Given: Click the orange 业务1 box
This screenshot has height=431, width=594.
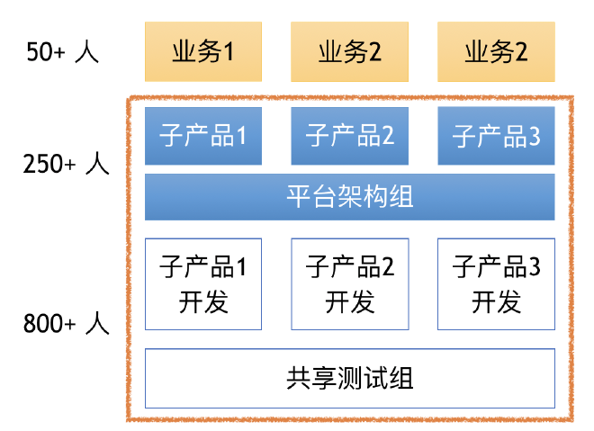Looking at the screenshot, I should pos(203,52).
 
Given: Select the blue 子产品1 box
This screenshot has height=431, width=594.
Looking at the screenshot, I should pos(203,136).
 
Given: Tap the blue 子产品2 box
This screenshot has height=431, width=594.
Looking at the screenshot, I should pos(350,136).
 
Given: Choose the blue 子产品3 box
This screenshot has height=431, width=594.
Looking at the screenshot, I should pos(496,136).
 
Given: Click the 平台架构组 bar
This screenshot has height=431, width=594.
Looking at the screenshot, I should pos(350,196).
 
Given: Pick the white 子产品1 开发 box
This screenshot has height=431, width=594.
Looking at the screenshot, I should pos(203,283).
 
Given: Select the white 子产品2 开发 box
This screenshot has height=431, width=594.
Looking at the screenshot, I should pos(350,283).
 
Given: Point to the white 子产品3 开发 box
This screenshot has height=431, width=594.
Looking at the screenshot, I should pos(496,283).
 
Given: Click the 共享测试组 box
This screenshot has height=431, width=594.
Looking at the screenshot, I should pos(350,378).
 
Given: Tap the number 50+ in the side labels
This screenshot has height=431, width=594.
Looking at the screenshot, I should pos(47,52).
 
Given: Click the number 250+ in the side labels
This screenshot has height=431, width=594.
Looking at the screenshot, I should pos(52,165).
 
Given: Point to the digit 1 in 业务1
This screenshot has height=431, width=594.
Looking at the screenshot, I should pos(229,52).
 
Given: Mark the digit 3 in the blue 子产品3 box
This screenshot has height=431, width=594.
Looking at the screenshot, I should pos(534,137).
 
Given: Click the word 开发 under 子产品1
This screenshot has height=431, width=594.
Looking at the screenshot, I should pos(203,301).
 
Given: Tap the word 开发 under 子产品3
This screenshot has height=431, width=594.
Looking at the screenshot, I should pos(496,301).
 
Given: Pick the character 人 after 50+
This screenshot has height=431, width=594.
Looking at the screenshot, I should pos(87,52).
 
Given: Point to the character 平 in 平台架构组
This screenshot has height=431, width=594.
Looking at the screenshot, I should pos(299,196).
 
